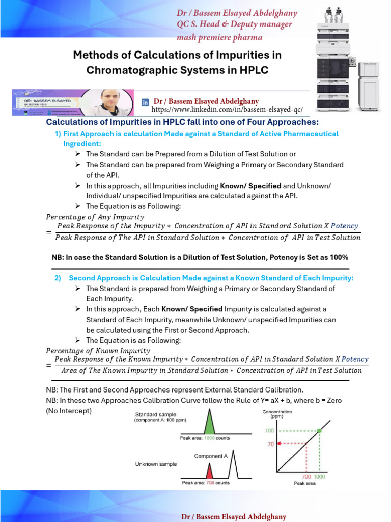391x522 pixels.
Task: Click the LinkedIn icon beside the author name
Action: tap(145, 102)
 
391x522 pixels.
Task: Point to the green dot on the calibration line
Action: tap(319, 431)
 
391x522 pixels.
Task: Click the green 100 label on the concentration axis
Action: tap(269, 431)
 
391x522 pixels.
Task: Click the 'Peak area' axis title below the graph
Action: tap(304, 483)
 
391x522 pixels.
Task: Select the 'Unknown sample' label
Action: tap(156, 464)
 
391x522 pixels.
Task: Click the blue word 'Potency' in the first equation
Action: tap(345, 226)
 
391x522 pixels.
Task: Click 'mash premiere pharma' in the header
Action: tap(219, 37)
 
